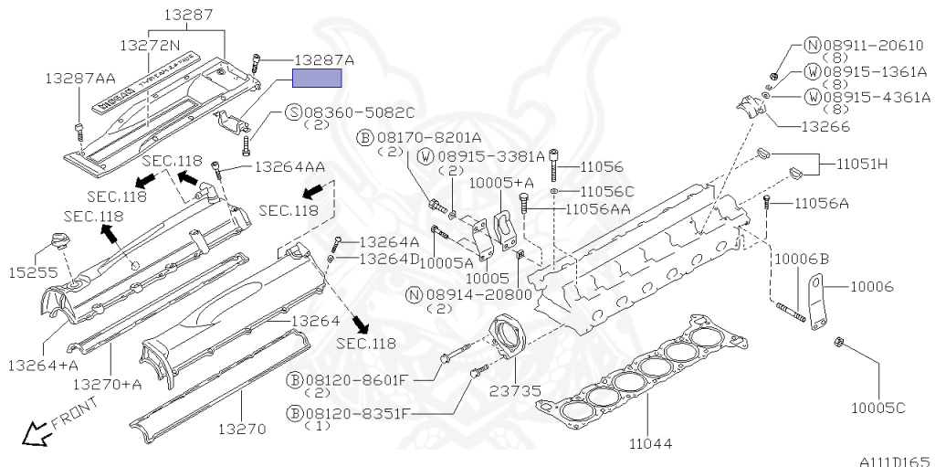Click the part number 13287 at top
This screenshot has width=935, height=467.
click(x=188, y=15)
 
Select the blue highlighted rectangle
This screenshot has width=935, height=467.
click(x=316, y=78)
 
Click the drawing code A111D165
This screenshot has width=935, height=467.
click(x=893, y=460)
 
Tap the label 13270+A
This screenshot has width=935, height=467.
click(x=108, y=384)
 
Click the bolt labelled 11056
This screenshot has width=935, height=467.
click(x=554, y=169)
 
